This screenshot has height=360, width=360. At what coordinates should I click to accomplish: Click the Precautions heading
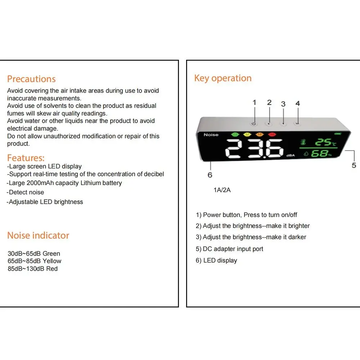[31, 79]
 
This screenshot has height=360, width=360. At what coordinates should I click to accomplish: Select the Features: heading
[26, 158]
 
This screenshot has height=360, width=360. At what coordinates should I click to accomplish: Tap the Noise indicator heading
[38, 235]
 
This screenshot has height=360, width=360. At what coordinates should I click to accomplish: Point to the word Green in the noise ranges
[51, 253]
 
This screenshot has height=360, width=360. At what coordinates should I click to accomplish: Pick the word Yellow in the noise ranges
[52, 261]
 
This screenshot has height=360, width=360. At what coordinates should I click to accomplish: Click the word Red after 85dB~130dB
[51, 269]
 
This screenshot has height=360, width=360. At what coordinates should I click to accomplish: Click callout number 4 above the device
[298, 103]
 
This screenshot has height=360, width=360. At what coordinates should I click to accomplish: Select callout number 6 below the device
[210, 175]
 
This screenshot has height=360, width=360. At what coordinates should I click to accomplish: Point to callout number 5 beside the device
[354, 166]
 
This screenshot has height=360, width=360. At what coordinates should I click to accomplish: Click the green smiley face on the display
[235, 134]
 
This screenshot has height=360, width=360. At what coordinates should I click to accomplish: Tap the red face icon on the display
[272, 135]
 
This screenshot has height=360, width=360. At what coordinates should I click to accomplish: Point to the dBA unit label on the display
[291, 156]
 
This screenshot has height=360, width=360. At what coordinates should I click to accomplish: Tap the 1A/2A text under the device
[222, 190]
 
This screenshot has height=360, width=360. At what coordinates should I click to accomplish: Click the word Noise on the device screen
[211, 135]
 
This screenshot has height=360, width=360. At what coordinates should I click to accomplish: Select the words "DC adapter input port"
[233, 249]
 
